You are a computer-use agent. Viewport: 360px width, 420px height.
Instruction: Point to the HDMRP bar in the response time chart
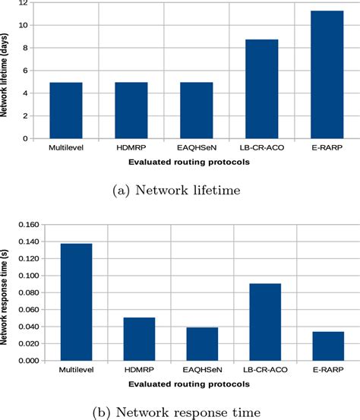coord(139,339)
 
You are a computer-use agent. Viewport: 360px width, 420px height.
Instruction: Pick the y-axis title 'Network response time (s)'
coord(6,292)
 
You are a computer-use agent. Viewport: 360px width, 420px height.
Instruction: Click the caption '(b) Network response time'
coord(179,412)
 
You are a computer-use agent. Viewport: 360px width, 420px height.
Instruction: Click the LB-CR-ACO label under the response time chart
coord(266,371)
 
